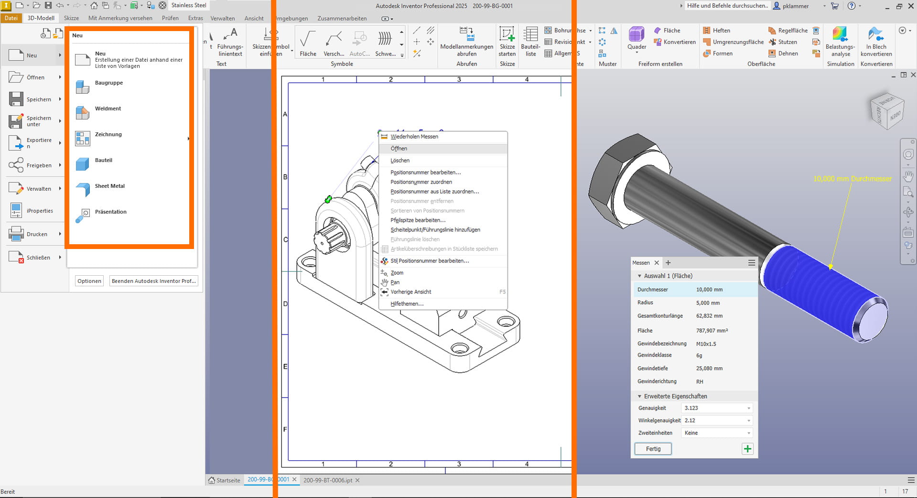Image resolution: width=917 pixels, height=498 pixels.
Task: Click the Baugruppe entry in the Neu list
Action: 108,83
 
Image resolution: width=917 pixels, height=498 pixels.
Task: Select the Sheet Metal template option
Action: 109,186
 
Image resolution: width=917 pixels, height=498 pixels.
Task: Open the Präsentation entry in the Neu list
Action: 110,212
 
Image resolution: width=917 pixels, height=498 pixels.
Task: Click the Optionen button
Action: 89,281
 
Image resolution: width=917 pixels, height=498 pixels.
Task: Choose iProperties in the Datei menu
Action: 40,211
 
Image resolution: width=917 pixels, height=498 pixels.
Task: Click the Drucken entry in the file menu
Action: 37,234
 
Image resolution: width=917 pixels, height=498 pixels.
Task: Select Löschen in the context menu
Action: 400,161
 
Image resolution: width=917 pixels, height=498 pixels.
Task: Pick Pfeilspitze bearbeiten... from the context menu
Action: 418,220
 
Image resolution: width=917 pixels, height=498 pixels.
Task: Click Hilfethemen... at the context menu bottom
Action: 407,304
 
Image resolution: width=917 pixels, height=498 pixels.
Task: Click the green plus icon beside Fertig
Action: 747,449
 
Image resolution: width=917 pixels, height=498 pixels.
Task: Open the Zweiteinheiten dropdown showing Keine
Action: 717,433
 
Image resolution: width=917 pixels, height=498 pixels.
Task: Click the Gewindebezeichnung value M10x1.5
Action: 706,344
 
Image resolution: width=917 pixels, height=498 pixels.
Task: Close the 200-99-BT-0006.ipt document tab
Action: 357,480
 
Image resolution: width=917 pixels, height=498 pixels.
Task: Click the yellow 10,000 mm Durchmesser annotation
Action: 852,179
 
